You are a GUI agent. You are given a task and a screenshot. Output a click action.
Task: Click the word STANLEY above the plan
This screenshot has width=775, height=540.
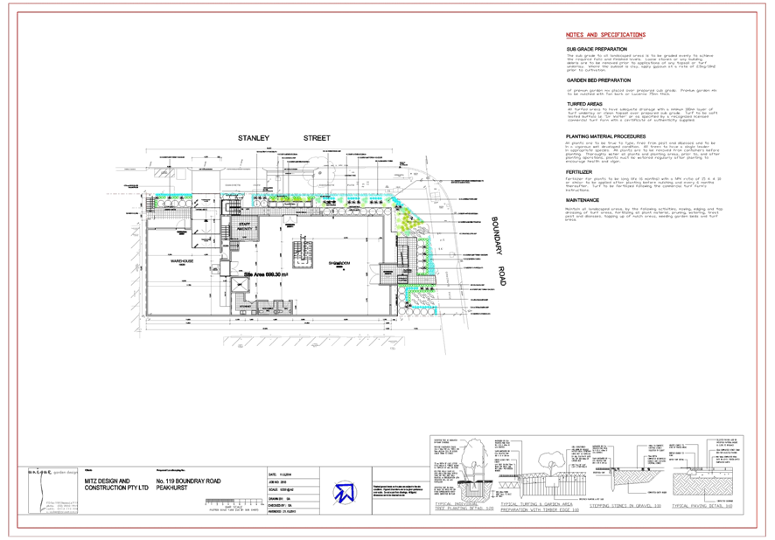pyautogui.click(x=254, y=138)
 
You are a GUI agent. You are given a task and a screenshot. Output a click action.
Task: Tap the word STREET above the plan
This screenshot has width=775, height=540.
pyautogui.click(x=317, y=138)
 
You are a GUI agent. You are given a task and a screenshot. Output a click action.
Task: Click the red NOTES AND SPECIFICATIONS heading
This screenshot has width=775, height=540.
pyautogui.click(x=605, y=35)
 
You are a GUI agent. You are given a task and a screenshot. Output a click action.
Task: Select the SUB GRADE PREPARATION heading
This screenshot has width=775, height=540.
pyautogui.click(x=597, y=48)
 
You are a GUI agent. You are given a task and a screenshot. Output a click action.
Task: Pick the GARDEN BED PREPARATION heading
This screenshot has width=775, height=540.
pyautogui.click(x=598, y=80)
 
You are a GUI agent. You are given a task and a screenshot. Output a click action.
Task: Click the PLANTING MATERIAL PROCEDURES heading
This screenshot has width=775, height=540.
pyautogui.click(x=605, y=136)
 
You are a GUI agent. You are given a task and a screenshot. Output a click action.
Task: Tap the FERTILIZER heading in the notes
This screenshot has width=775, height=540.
pyautogui.click(x=579, y=172)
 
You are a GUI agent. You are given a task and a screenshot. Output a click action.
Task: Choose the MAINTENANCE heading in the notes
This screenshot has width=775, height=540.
pyautogui.click(x=583, y=200)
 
